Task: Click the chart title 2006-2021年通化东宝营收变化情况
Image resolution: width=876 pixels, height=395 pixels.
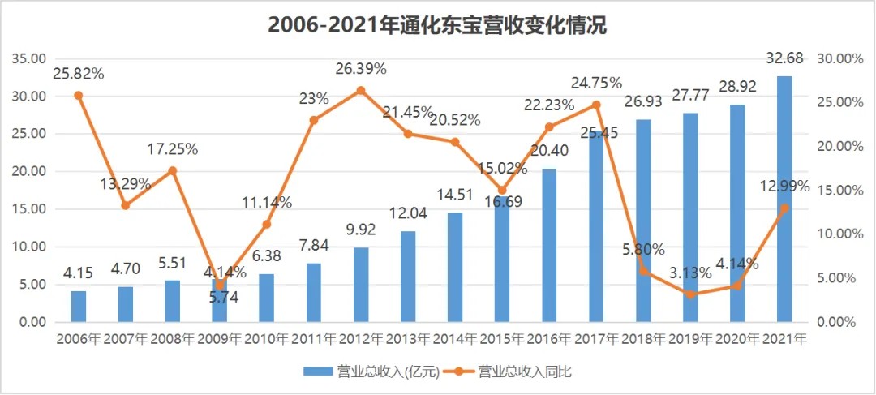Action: click(x=437, y=25)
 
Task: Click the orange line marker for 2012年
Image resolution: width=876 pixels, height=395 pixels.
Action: click(x=361, y=90)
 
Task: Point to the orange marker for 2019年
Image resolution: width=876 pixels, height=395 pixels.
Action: click(x=690, y=294)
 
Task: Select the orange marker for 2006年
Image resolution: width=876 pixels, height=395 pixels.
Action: click(x=79, y=95)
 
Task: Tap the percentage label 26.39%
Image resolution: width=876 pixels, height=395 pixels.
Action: click(x=361, y=69)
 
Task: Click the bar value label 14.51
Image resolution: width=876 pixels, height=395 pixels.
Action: click(x=455, y=195)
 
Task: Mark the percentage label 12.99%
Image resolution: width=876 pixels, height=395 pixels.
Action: click(x=784, y=187)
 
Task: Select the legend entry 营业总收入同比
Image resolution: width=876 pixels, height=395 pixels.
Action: click(x=526, y=371)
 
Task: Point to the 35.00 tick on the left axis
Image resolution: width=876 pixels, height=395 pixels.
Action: click(x=28, y=58)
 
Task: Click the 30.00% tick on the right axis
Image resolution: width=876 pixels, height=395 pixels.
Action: click(x=835, y=58)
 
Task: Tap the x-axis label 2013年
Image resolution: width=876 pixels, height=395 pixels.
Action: click(x=408, y=338)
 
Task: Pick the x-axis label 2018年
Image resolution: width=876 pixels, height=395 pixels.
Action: click(x=643, y=338)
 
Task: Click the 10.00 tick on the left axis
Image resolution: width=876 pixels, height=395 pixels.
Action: click(x=28, y=247)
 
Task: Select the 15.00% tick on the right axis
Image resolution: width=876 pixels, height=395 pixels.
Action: click(x=835, y=191)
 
